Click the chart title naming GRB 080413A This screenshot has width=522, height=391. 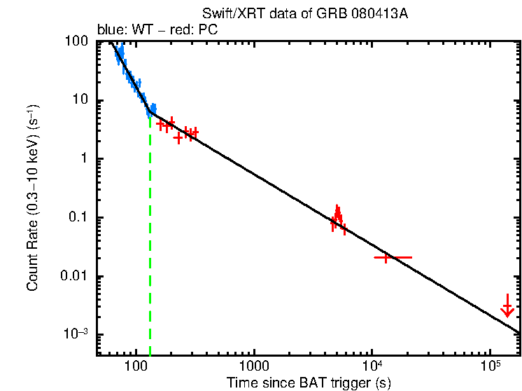coord(304,14)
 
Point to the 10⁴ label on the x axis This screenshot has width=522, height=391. coord(372,366)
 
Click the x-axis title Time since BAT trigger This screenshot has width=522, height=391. coord(309,383)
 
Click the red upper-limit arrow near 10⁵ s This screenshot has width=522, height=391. coord(508,307)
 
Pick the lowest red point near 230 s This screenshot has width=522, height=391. coord(178,138)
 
